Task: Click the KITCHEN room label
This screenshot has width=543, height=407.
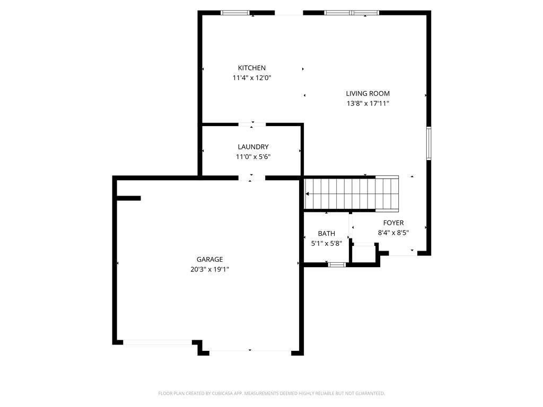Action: click(x=252, y=68)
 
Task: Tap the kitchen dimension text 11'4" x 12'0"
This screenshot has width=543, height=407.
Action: click(x=252, y=78)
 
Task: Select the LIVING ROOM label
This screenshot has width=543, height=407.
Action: click(x=368, y=93)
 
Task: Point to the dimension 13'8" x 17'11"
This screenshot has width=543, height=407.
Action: click(x=368, y=103)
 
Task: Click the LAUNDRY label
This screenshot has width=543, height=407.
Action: click(x=253, y=147)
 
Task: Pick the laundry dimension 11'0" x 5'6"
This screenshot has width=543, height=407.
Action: click(x=253, y=157)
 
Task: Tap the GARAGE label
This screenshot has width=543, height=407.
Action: click(x=209, y=259)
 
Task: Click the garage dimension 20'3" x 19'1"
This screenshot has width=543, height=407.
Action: click(x=209, y=269)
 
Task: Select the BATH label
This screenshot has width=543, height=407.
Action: click(x=326, y=234)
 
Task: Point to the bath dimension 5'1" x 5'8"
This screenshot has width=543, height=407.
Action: click(x=326, y=243)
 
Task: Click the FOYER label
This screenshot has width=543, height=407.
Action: click(x=393, y=223)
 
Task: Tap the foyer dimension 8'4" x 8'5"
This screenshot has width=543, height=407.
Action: click(x=393, y=233)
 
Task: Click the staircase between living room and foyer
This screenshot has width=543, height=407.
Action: click(x=351, y=194)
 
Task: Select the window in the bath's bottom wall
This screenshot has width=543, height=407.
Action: click(x=337, y=265)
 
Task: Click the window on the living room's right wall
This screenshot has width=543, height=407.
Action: click(x=428, y=143)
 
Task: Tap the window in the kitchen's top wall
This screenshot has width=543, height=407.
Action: click(x=235, y=13)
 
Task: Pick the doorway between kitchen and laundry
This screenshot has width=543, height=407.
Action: click(x=252, y=125)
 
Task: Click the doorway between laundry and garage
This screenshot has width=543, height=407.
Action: click(x=252, y=178)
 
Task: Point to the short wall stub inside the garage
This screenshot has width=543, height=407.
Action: click(x=128, y=198)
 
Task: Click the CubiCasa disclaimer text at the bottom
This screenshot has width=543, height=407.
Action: click(x=271, y=393)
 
